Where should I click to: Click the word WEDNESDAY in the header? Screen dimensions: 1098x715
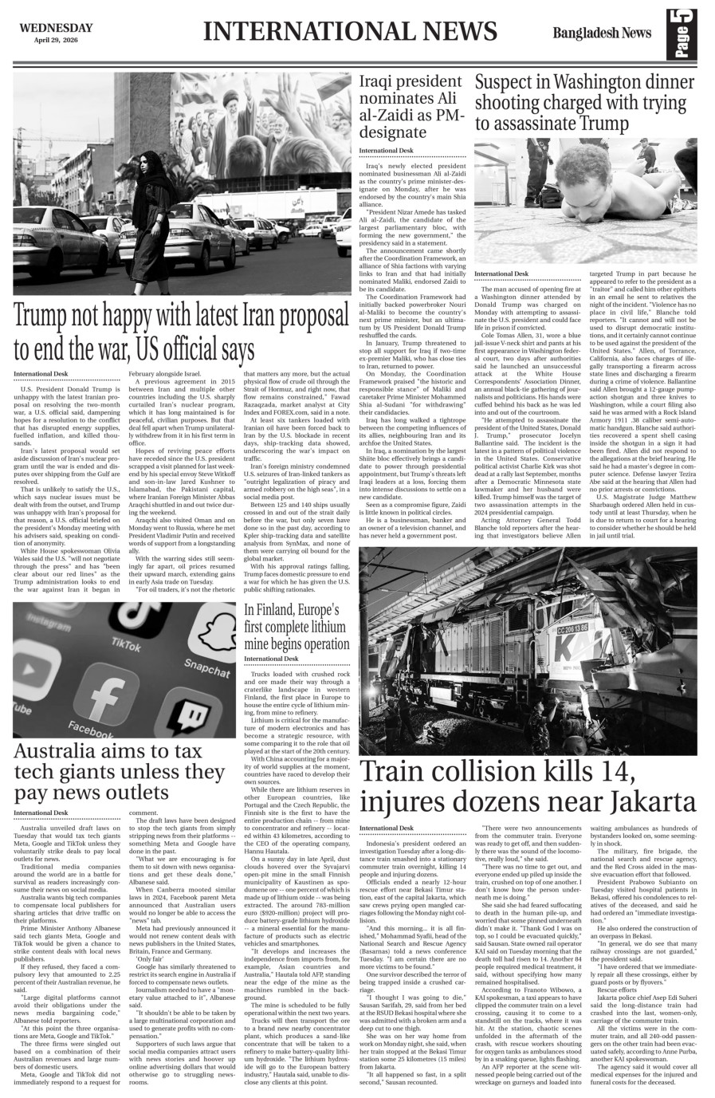click(x=53, y=27)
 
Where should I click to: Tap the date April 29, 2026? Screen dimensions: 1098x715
click(x=53, y=40)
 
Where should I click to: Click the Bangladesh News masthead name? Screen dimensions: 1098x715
click(x=600, y=33)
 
